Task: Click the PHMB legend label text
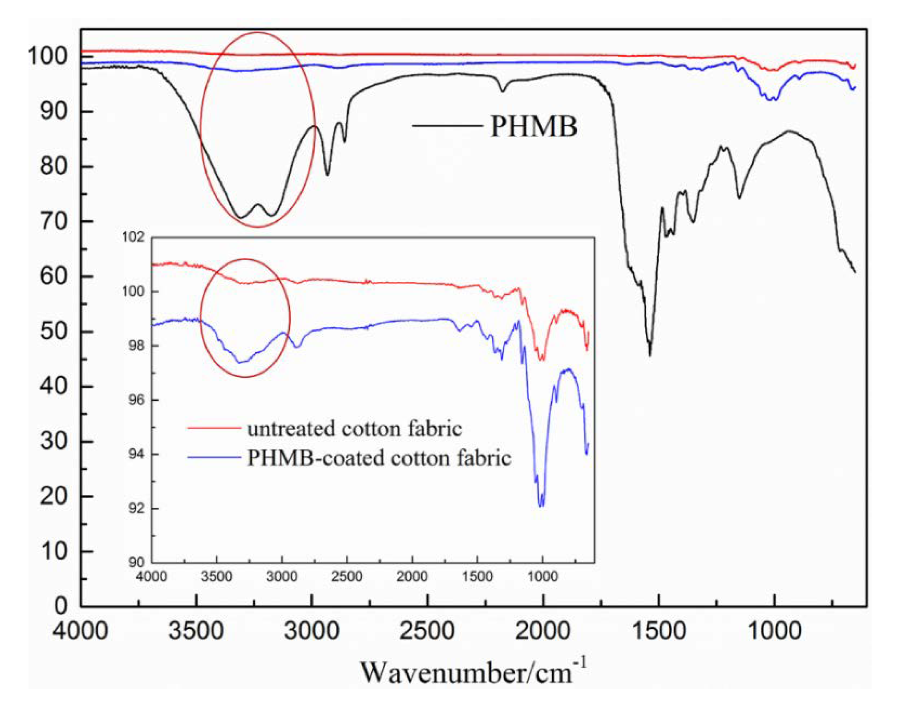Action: (534, 126)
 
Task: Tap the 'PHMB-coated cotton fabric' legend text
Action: (379, 458)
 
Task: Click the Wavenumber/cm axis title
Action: (473, 672)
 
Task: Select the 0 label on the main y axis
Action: (60, 606)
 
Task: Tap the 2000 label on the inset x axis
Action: (412, 576)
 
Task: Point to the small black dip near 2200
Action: (503, 90)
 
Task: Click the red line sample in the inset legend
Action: (214, 428)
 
